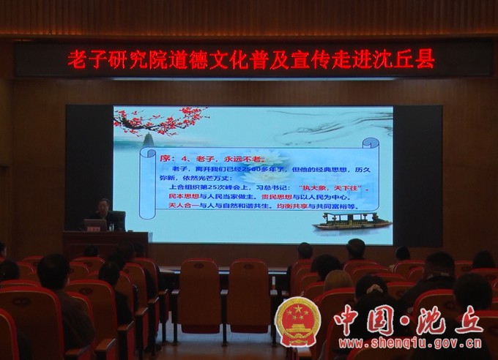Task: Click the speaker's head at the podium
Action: click(x=104, y=206)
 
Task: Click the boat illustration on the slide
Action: click(x=352, y=221)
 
